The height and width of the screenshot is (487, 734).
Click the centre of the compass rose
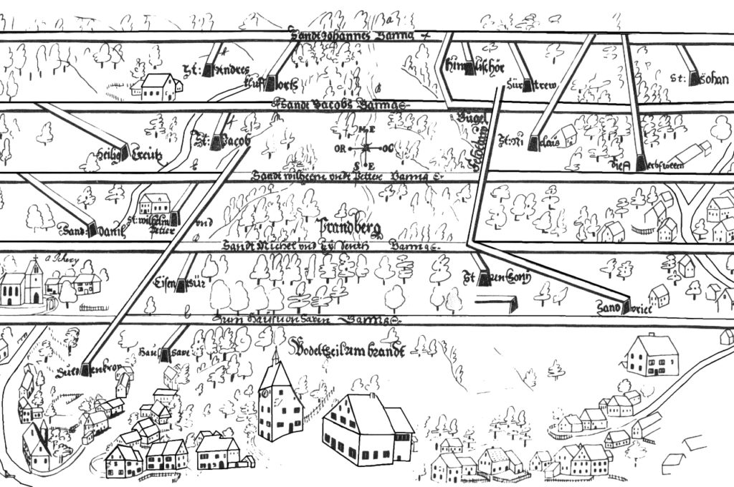[366, 148]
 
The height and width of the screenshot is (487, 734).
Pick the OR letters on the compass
[340, 149]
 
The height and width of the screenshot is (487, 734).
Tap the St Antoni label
[495, 279]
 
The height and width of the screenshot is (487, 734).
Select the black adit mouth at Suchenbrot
[87, 368]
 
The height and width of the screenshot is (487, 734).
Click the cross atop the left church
[33, 259]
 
